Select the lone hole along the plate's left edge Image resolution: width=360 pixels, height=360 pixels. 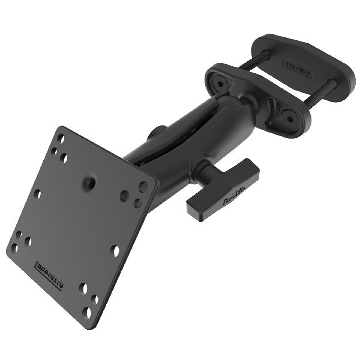[x=37, y=194]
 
